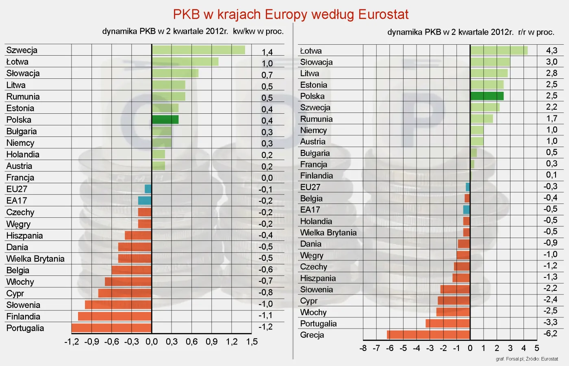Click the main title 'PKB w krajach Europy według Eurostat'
(291, 14)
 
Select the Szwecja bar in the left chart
(198, 50)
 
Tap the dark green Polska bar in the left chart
(165, 119)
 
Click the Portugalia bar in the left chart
(111, 328)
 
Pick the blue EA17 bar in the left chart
(145, 200)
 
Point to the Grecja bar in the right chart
(428, 335)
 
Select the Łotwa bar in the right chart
(499, 50)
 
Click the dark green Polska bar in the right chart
(487, 96)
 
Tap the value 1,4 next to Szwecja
(267, 52)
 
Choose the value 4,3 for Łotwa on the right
(552, 50)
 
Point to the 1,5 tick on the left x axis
(252, 342)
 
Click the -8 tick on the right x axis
(363, 348)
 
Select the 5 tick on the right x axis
(537, 348)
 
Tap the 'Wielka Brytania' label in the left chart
(35, 259)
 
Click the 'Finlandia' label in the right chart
(316, 175)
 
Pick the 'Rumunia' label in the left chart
(23, 97)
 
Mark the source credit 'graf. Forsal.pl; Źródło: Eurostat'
(527, 359)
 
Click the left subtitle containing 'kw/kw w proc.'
(193, 31)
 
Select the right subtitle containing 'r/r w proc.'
(471, 32)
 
